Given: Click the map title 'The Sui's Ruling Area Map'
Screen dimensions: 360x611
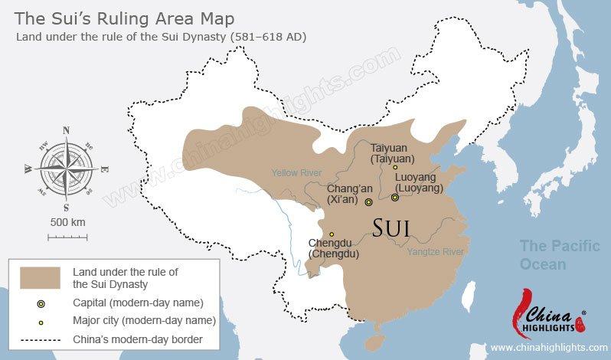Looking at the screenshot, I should pos(126,18).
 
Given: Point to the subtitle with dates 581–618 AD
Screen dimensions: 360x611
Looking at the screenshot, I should pos(162,37).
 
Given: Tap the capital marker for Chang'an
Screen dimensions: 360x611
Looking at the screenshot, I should pos(369,202).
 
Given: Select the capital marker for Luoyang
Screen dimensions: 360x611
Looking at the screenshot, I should pos(395,198).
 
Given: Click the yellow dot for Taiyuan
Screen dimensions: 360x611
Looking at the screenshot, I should pos(395,167).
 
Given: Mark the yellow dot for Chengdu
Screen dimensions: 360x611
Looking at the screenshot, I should pos(332,234).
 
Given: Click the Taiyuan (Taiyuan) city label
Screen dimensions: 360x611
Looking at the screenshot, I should pos(392,153).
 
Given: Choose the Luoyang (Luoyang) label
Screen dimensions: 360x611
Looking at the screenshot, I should pos(419,182).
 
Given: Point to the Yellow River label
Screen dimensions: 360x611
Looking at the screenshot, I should pos(296,172).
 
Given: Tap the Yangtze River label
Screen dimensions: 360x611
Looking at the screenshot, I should pos(435,252).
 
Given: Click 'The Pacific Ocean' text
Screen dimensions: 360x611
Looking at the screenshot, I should pos(554,256).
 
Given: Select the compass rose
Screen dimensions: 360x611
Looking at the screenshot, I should pos(66,167).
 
